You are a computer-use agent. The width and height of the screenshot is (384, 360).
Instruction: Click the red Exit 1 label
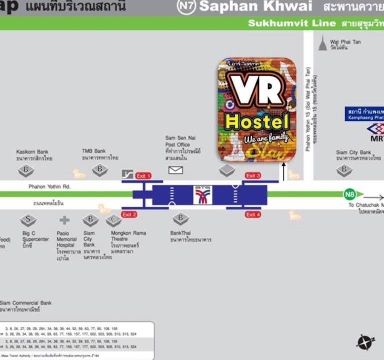click(143, 176)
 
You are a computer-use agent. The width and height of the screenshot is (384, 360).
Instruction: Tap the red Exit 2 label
click(129, 214)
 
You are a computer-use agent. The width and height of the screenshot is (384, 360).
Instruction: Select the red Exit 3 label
click(253, 175)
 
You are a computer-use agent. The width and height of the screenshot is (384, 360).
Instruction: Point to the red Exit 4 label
click(253, 214)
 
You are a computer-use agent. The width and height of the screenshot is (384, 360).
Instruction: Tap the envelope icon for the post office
click(175, 170)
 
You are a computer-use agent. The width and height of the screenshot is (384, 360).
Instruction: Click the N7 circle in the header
click(186, 6)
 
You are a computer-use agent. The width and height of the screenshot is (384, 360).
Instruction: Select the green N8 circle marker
click(350, 194)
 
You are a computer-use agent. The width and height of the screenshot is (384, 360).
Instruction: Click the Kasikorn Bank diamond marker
click(26, 170)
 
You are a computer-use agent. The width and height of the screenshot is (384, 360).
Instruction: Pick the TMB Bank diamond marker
click(99, 169)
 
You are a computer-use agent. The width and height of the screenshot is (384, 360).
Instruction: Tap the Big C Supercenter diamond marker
click(28, 219)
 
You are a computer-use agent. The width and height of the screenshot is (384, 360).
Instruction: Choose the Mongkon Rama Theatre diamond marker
click(114, 219)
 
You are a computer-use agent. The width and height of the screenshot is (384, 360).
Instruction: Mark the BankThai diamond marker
click(180, 218)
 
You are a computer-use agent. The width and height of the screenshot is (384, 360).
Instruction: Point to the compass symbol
click(364, 342)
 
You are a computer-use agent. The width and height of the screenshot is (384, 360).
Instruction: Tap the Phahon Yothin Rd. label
click(49, 186)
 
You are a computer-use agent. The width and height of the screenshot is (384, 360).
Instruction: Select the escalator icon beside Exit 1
click(128, 175)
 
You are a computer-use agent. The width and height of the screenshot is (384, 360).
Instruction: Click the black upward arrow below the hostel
click(284, 171)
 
